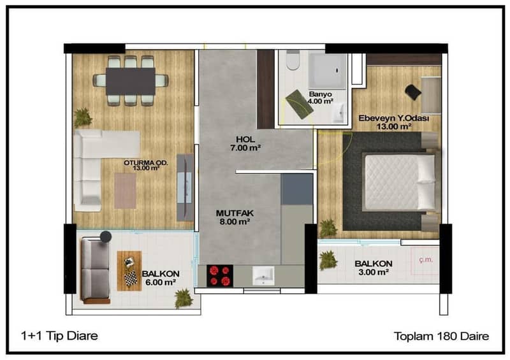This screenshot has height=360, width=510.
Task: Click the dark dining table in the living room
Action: click(131, 82)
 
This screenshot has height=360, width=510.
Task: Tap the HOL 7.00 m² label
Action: click(245, 143)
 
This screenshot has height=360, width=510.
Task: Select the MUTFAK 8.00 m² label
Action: click(235, 217)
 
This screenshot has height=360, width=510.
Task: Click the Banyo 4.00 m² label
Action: click(321, 97)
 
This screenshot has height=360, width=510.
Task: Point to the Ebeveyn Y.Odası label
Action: click(393, 118)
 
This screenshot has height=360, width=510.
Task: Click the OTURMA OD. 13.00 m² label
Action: click(146, 165)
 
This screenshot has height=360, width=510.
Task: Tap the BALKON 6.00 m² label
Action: click(161, 278)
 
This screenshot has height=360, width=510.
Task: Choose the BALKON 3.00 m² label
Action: click(374, 268)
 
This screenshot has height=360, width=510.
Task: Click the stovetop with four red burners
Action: click(220, 276)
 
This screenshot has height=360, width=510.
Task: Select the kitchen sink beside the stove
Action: click(263, 275)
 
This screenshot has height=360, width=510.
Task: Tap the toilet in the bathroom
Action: click(293, 60)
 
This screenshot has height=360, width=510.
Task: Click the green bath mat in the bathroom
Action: click(299, 104)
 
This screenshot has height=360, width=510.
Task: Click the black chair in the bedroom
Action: click(412, 92)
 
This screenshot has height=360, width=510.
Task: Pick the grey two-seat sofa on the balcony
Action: click(95, 270)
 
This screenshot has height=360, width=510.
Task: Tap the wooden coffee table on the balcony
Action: click(129, 271)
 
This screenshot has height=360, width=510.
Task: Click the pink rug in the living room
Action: click(125, 191)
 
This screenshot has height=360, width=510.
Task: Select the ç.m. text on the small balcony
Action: click(426, 259)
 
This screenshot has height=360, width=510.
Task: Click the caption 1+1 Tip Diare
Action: click(59, 336)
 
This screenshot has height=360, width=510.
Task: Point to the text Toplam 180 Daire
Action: click(441, 336)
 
